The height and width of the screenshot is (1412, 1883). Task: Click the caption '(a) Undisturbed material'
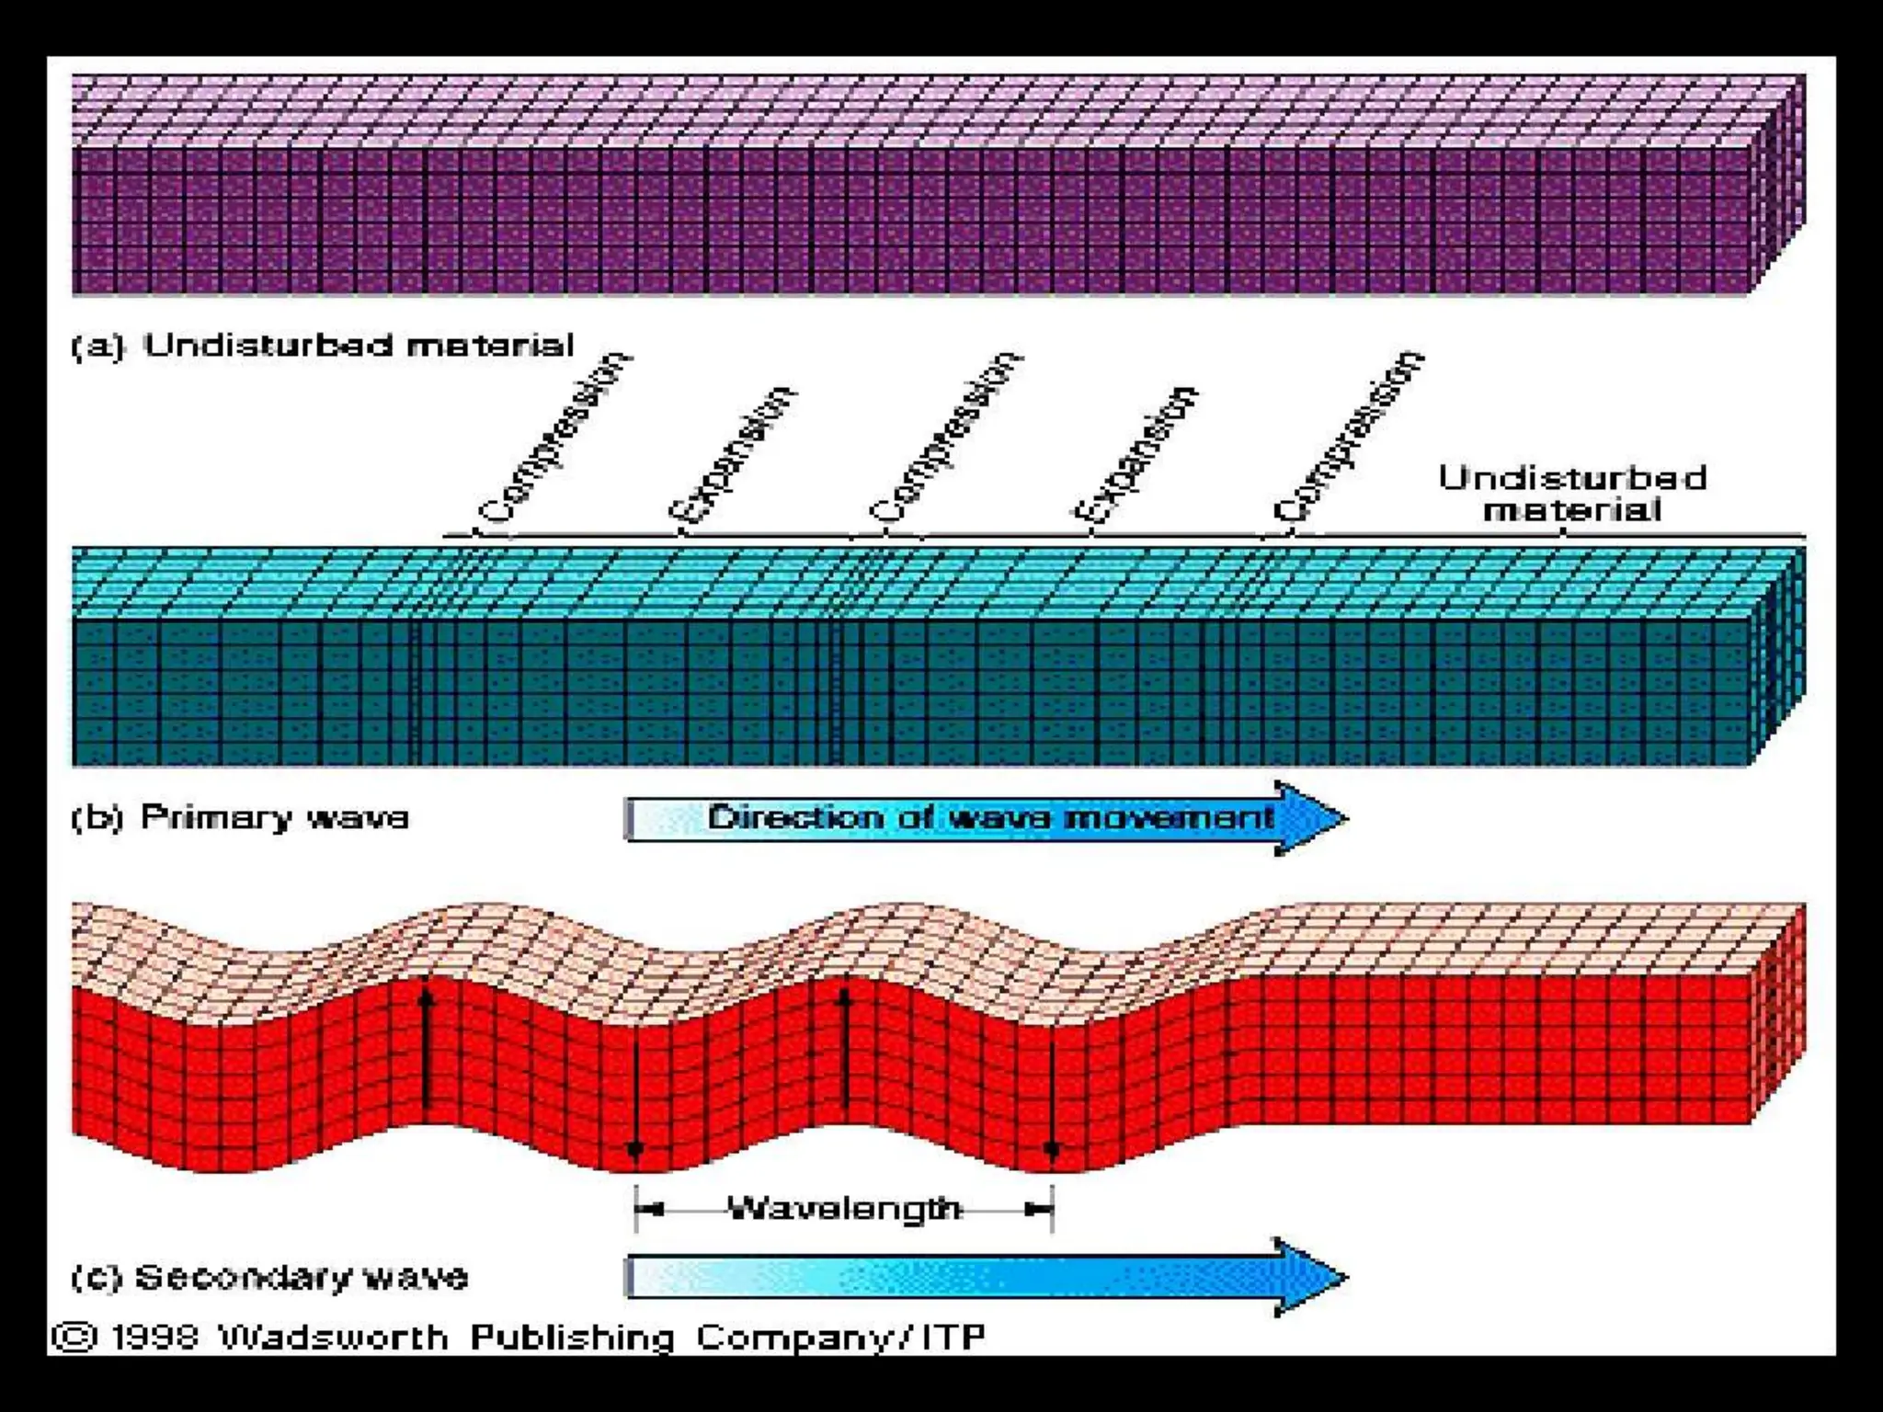[322, 346]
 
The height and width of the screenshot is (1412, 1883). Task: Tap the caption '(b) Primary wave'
[241, 817]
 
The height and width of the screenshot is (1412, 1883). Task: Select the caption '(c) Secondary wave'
[269, 1277]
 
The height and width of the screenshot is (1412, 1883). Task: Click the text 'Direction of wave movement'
[988, 817]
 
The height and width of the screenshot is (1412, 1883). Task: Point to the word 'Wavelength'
[843, 1208]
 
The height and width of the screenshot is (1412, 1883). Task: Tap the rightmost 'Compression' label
[1348, 438]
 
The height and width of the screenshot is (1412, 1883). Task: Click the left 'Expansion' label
[732, 455]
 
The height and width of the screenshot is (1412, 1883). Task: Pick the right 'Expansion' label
[1136, 455]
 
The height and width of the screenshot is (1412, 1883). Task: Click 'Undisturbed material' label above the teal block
[1572, 493]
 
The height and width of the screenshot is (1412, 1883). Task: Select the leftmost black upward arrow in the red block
[426, 1048]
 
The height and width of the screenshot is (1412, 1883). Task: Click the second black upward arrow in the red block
[845, 1048]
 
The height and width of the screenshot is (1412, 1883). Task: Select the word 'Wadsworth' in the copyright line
[333, 1336]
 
